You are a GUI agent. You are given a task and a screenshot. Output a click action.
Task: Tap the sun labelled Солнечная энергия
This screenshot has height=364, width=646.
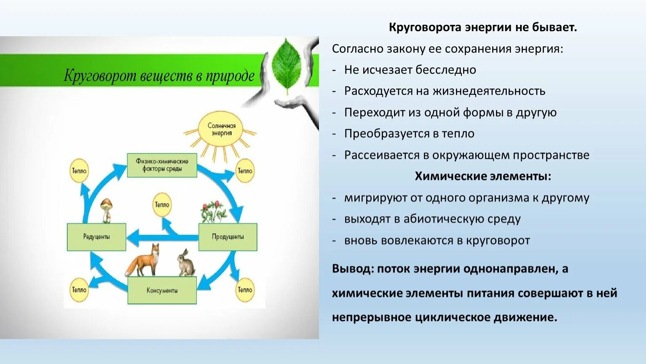(x=222, y=129)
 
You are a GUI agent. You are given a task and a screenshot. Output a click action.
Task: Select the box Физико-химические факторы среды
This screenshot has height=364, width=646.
(x=162, y=165)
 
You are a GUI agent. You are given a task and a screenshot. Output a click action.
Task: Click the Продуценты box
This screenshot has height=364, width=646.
(x=228, y=237)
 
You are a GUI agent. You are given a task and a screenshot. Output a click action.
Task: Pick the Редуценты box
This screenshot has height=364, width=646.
(x=96, y=237)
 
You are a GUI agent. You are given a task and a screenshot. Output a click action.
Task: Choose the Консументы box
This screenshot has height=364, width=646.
(x=162, y=290)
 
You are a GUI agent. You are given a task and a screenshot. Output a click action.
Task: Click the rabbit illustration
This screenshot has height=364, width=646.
(x=185, y=263)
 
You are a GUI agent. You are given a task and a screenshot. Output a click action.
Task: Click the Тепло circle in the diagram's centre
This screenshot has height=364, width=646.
(x=162, y=205)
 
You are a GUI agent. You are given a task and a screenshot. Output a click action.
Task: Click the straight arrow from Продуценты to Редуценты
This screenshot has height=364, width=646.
(x=162, y=237)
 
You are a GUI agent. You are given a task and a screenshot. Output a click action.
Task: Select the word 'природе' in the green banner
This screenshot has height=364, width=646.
(x=230, y=76)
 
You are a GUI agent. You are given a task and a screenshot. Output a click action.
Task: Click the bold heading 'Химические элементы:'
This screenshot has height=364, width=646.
(x=483, y=176)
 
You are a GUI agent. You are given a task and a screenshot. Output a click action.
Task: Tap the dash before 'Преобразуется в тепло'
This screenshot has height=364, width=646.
(x=334, y=134)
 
